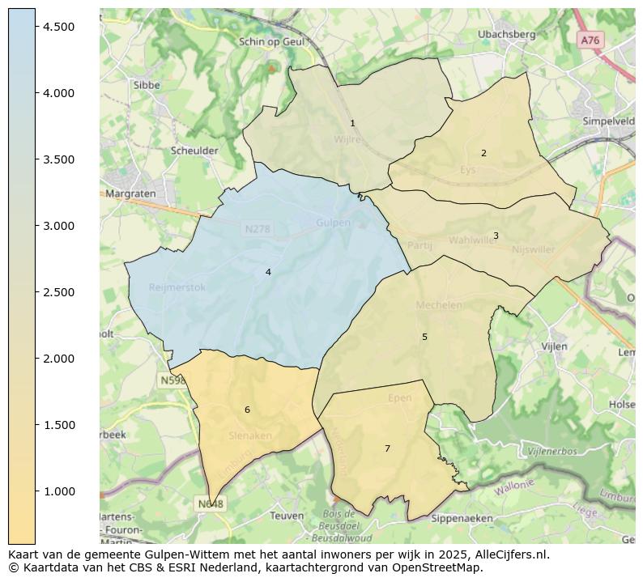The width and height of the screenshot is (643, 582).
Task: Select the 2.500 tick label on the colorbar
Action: coord(59,292)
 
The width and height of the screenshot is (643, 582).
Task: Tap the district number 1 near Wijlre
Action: coord(352,124)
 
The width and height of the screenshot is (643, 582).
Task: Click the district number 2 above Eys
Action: coord(483,153)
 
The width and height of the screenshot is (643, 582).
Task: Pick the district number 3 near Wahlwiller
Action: coord(496,236)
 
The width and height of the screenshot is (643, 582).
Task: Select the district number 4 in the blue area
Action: coord(268,273)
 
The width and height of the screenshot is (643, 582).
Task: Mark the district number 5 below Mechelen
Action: coord(424,337)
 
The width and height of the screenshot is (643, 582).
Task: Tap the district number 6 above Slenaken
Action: coord(247,410)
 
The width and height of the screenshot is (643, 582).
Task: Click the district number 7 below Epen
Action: coord(387,448)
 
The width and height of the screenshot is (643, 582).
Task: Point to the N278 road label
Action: coord(257,230)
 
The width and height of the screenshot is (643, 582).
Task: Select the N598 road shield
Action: coord(172,380)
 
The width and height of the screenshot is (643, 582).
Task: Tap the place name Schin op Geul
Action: coord(272,42)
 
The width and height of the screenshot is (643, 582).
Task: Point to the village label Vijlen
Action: coord(554,346)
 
